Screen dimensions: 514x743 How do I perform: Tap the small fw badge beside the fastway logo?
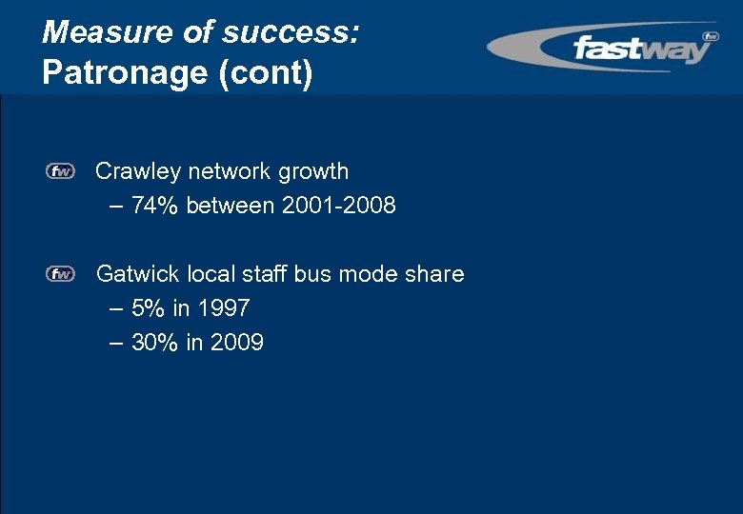coord(710,37)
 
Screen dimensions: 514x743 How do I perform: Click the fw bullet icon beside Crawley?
coord(60,172)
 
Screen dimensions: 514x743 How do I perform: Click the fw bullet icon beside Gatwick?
coord(60,275)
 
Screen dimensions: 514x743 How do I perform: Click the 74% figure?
coord(156,205)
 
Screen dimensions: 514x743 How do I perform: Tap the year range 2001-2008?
coord(339,205)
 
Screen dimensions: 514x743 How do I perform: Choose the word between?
coord(231,205)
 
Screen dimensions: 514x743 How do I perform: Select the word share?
coord(434,275)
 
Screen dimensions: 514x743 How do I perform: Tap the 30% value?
coord(155,343)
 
